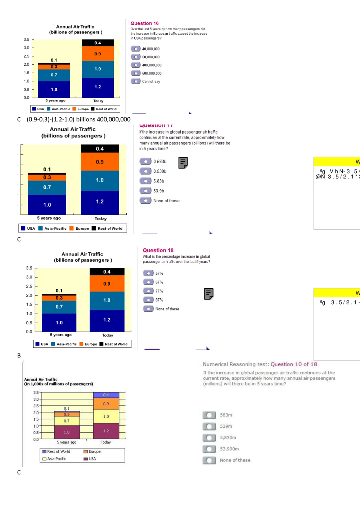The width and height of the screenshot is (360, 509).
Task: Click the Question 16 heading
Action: pos(144,23)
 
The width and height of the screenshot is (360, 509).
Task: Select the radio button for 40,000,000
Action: pos(136,49)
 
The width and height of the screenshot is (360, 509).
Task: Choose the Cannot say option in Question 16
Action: pos(136,81)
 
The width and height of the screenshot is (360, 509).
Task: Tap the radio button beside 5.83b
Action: pos(145,181)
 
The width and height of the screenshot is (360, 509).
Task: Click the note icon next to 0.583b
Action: pos(183,163)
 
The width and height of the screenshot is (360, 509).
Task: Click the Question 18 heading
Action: pos(158,250)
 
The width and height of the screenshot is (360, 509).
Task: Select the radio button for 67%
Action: pos(148,282)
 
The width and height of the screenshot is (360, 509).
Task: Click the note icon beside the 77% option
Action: pos(208,294)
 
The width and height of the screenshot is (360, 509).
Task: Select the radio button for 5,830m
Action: pos(209,438)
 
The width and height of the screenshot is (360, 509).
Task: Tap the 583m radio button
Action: pos(209,415)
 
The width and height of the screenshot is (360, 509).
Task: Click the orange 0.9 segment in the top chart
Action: pos(98,54)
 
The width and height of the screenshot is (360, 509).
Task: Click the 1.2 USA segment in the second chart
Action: pos(100,202)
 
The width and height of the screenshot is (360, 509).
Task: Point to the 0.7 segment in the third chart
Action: pos(59,307)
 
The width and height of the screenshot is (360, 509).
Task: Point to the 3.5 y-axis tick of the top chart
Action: pos(27,40)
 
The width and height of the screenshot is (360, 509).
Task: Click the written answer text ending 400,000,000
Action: pos(78,120)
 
